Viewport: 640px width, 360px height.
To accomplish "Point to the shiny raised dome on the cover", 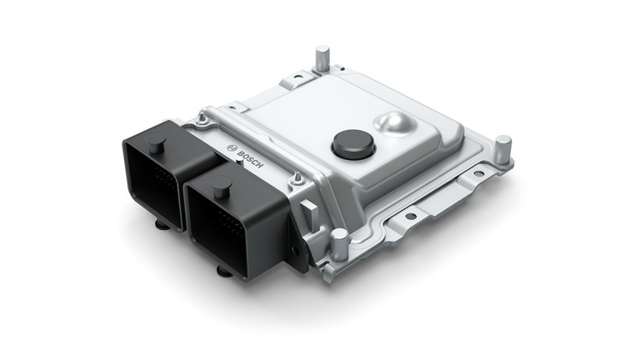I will click(397, 126).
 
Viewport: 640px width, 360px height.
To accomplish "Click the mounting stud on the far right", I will click(502, 150).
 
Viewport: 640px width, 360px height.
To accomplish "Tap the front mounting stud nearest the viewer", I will click(339, 243).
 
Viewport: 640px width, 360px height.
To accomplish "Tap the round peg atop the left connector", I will click(156, 147).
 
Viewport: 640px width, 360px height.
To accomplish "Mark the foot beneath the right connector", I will click(223, 268).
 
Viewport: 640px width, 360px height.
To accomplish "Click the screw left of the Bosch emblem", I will click(201, 127).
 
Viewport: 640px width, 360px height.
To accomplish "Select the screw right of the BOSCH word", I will click(293, 177).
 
